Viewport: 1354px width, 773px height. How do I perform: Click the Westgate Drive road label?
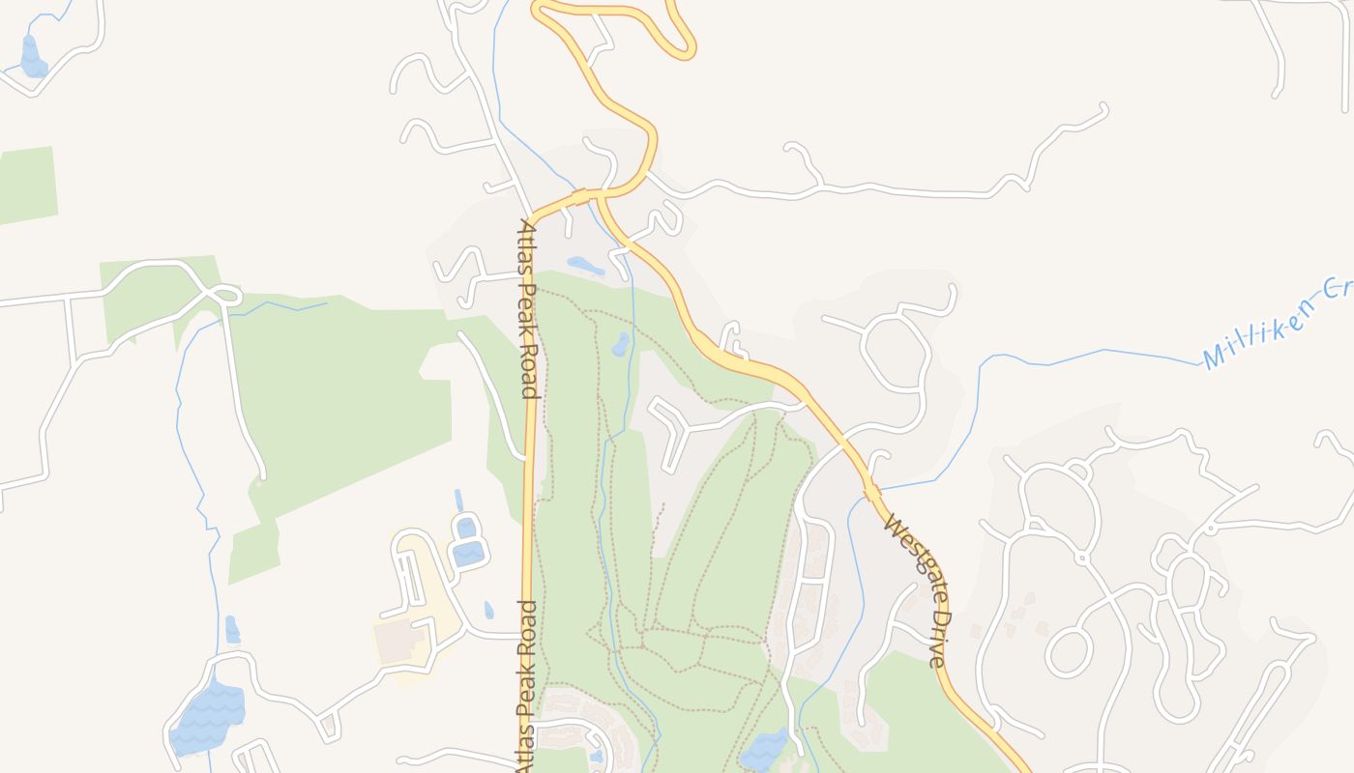click(914, 593)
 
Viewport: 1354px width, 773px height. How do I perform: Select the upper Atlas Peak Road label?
click(528, 309)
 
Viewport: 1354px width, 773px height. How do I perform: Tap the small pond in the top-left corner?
click(32, 58)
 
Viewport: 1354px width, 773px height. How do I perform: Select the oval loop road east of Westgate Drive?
click(1070, 650)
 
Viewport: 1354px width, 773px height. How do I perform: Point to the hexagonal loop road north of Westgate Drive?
click(896, 353)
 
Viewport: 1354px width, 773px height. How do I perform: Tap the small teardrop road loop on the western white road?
click(226, 295)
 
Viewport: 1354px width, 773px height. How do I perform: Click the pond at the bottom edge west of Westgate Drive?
click(765, 749)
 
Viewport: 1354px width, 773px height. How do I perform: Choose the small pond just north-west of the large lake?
click(232, 630)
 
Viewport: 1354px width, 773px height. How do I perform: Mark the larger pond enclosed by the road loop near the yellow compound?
click(469, 553)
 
